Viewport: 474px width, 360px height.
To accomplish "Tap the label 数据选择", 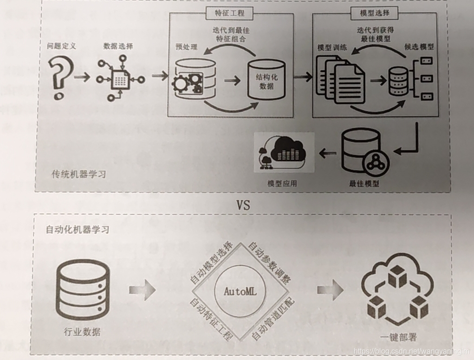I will point(118,46).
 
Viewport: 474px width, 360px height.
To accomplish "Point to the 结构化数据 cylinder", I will point(266,79).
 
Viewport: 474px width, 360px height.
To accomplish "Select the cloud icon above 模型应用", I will point(284,153).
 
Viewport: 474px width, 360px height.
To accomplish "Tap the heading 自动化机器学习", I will point(78,229).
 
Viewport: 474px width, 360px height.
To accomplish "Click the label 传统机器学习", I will point(78,175).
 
